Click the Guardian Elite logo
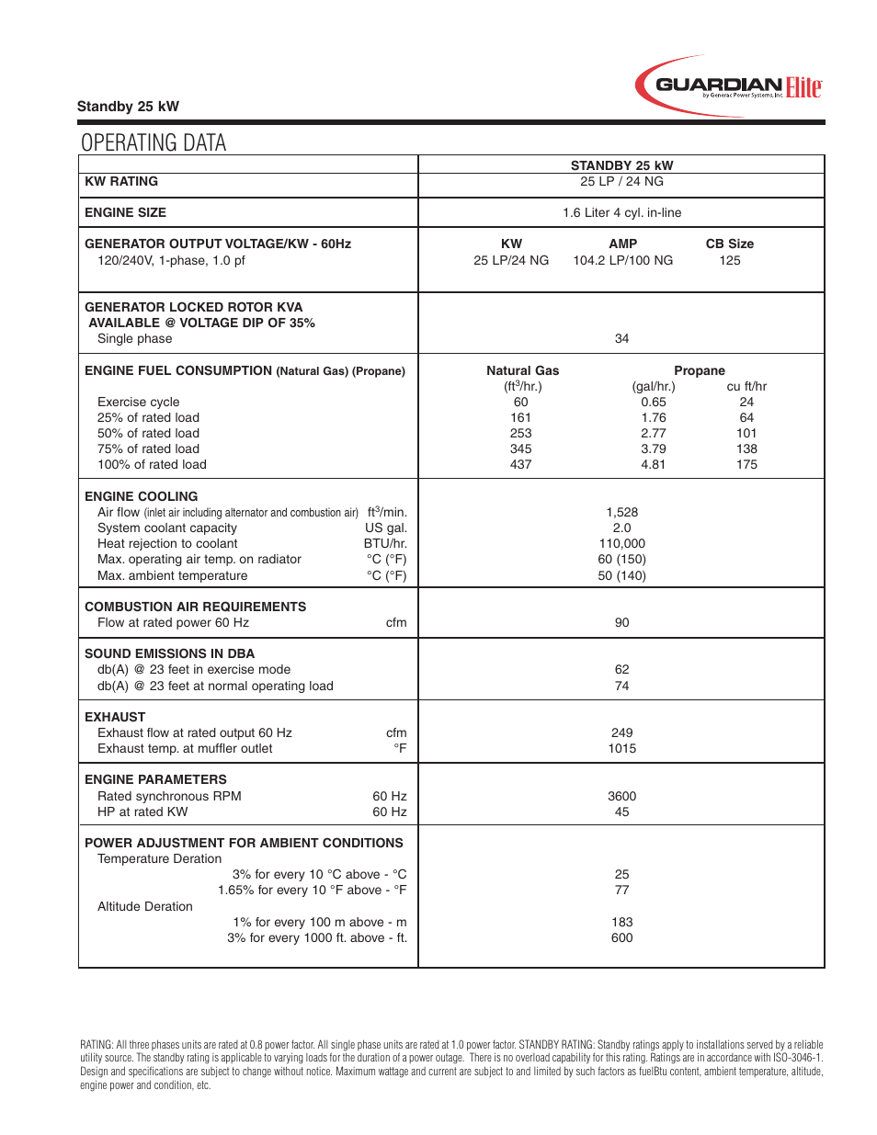tap(728, 86)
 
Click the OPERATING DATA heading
tap(154, 142)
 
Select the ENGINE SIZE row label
tap(125, 212)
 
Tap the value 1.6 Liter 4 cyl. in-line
tap(621, 212)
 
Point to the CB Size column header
tap(729, 244)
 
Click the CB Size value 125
tap(729, 260)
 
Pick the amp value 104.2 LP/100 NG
tap(622, 260)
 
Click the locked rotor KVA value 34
tap(621, 338)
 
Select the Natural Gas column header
tap(522, 370)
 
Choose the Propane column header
tap(699, 370)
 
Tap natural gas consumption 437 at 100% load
tap(520, 464)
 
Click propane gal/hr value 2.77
tap(653, 433)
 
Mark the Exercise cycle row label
tap(138, 402)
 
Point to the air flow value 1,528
tap(621, 512)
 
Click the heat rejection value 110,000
tap(621, 543)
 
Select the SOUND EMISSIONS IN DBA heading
tap(169, 653)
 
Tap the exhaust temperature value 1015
tap(621, 748)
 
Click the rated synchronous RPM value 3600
tap(621, 796)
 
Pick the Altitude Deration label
tap(145, 906)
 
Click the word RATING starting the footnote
tap(96, 1045)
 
